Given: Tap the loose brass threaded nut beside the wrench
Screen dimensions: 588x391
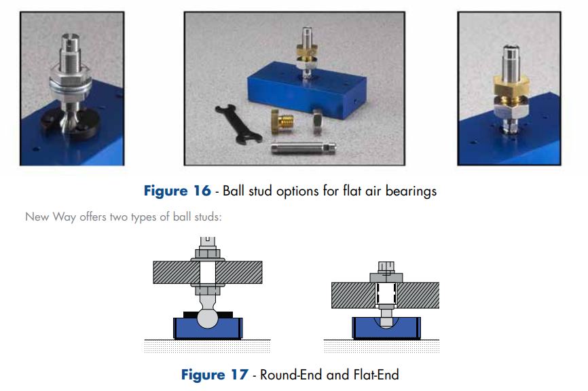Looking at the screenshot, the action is pos(282,122).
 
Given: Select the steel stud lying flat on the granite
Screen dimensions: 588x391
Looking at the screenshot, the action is pos(303,148).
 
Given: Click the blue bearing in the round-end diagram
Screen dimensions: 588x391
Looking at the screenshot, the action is pos(208,329).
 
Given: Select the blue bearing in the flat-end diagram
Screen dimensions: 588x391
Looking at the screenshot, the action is pos(386,329).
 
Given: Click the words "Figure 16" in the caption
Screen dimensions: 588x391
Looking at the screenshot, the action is pos(177,191).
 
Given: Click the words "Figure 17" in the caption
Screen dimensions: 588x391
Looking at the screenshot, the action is pos(215,375).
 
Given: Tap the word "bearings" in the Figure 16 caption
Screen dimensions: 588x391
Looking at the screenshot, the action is pos(411,191).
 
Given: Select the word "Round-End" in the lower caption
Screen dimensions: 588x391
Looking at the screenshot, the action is pos(291,375).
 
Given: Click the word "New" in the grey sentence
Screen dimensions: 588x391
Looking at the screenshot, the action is pos(37,217).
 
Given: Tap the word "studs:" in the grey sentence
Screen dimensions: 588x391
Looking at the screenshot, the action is pos(208,217).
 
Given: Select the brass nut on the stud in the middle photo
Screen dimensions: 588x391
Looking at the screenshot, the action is pos(307,50).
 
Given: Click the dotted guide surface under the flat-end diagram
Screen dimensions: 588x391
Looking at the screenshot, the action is pos(382,346).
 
